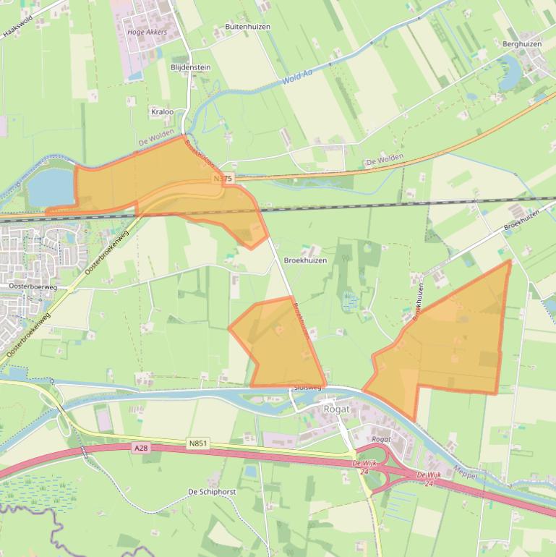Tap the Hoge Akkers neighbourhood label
coord(146,33)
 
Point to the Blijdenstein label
coord(190,67)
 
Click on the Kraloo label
coord(162,112)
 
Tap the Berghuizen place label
coord(521,44)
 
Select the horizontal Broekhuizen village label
coord(305,260)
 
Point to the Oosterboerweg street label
coord(33,287)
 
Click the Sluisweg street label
coord(307,388)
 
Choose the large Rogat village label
coord(336,409)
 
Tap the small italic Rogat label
coord(381,439)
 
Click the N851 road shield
coord(197,443)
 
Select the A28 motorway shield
coord(141,448)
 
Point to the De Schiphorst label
coord(213,491)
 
